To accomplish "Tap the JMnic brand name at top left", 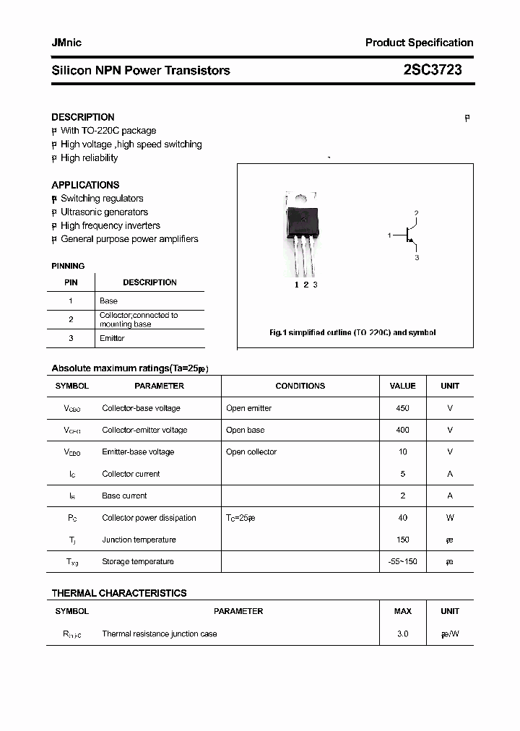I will pos(66,43).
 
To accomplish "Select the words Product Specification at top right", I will pos(419,43).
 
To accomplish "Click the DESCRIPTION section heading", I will pos(83,117).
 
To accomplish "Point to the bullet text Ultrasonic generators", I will pos(104,212).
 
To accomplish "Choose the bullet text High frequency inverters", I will pos(110,225).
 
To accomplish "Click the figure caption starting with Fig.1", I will pos(352,333).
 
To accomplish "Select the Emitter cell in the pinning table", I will pos(112,338).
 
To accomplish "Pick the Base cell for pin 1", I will pos(108,300).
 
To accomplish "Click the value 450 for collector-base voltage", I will pos(402,408).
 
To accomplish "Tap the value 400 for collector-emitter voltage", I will pos(402,430).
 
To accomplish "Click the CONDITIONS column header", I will pos(300,386).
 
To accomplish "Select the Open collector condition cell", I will pos(251,452).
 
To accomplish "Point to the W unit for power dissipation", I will pos(450,518).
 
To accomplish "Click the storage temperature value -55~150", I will pos(402,561).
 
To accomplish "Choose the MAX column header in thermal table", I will pos(402,611).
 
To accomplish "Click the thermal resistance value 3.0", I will pos(402,633).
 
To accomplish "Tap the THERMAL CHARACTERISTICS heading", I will pos(119,593).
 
